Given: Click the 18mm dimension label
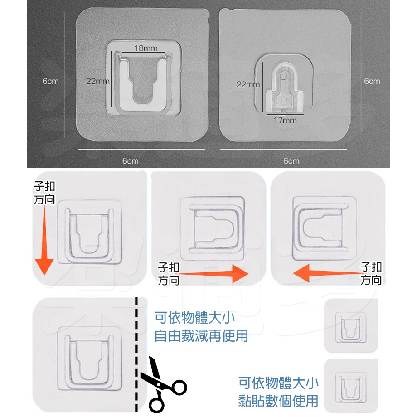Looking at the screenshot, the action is point(145,48).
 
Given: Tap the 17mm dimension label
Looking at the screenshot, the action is point(285,120).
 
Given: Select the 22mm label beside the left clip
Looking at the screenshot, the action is point(97,81).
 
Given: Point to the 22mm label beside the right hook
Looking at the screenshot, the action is point(248,85).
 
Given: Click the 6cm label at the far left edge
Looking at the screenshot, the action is point(50,81).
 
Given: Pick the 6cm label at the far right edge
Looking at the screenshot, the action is point(372,81).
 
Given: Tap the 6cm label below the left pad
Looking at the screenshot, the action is point(131,161).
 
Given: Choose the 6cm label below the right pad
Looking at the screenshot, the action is point(291,161).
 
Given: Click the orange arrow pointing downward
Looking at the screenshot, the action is point(44,240).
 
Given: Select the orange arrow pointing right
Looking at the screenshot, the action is point(212,274).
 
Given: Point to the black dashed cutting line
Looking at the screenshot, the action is point(136,355).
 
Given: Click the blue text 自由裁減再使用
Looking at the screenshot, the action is point(201,336).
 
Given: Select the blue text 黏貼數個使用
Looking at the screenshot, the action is point(278,401).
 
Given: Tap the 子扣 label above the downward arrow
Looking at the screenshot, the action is point(44,186).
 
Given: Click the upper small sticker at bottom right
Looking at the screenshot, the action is point(351,326).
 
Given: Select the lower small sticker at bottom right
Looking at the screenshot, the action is point(351,386).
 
